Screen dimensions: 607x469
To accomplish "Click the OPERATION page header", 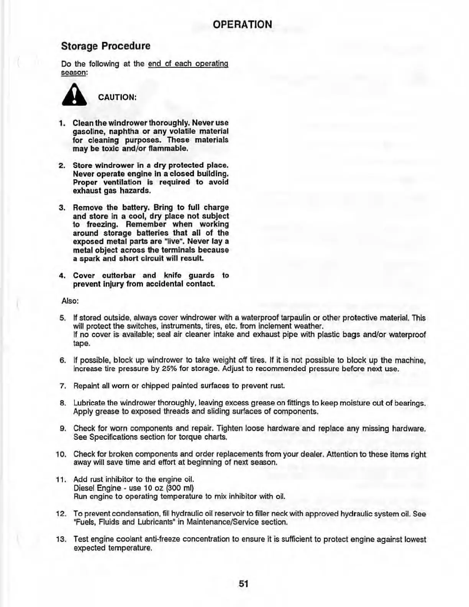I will coord(242,25).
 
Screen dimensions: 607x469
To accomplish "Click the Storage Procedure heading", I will coord(106,46).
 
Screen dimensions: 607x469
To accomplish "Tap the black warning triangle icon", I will coord(74,96).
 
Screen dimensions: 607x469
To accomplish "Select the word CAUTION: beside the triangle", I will coord(117,97).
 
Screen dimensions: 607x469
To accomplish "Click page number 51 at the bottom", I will coord(244,584).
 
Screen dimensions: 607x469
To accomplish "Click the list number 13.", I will coord(61,540).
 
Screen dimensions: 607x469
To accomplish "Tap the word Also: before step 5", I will coord(70,301).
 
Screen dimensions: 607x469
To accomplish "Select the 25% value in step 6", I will coord(169,369).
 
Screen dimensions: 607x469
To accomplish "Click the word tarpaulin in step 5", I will coord(296,318).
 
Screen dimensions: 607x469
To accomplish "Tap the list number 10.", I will coord(61,455).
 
